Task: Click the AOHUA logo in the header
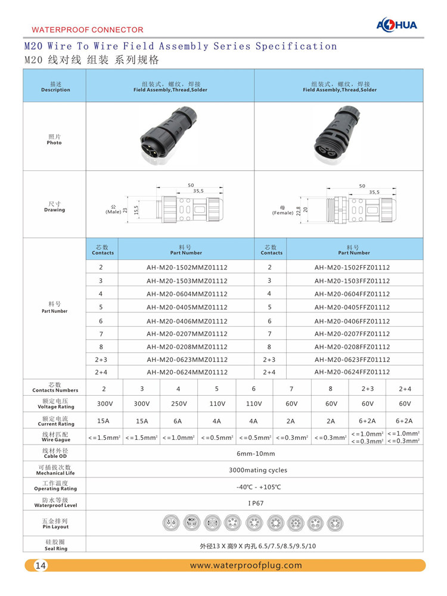point(398,24)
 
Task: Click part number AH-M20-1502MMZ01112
point(187,268)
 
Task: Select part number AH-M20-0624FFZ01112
point(352,372)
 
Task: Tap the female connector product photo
point(338,137)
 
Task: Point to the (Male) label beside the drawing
point(113,212)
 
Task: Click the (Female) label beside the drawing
point(283,213)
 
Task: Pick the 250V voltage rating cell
point(179,403)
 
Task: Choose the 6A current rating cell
point(179,421)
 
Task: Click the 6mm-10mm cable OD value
point(255,454)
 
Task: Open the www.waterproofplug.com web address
point(246,566)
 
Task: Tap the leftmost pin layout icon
point(172,524)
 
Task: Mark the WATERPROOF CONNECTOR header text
point(87,29)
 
